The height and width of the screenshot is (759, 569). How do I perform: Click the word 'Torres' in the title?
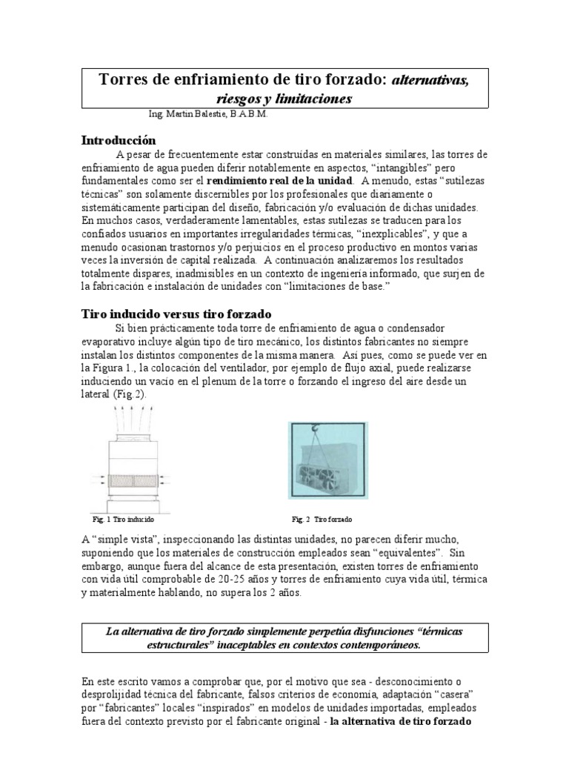coord(124,80)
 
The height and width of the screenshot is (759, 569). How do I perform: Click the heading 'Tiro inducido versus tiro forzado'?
coord(175,314)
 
